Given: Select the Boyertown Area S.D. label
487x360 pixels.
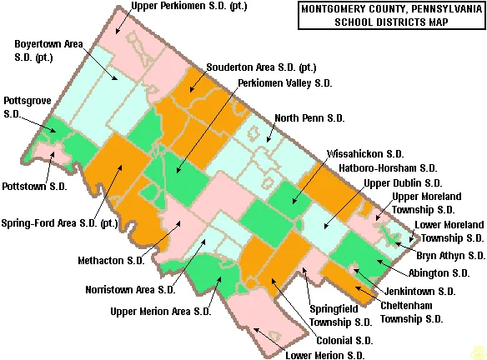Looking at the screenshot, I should click(51, 50).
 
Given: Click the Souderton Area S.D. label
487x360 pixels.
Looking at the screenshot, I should click(260, 67).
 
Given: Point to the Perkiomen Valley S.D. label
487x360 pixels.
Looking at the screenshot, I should click(284, 83).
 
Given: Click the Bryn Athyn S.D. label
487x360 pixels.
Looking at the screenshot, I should click(450, 255).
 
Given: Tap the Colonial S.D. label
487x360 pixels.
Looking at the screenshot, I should click(344, 340).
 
